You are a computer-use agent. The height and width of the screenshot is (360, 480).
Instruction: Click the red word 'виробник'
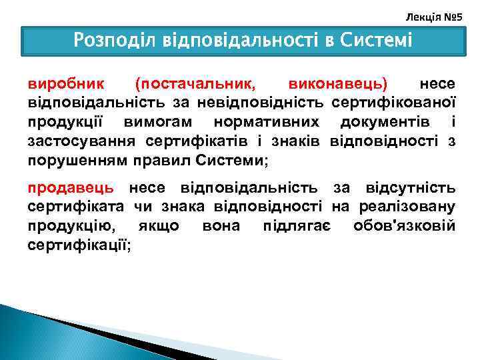(65, 85)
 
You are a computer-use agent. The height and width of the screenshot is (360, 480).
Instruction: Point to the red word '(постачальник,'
(194, 85)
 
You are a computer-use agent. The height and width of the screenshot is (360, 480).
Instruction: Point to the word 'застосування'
(78, 141)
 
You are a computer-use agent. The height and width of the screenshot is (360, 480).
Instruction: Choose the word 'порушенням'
(72, 161)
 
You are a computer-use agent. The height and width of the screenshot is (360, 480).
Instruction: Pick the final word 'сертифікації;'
(79, 245)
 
